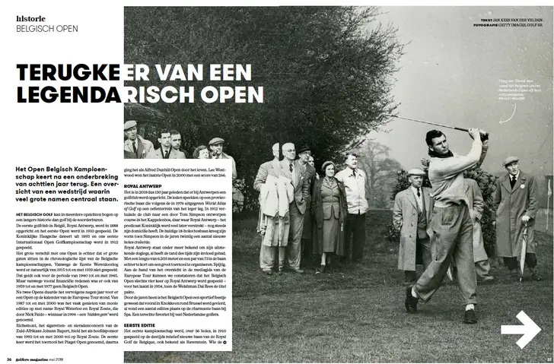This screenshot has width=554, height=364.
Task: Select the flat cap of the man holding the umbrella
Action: tap(511, 162)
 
